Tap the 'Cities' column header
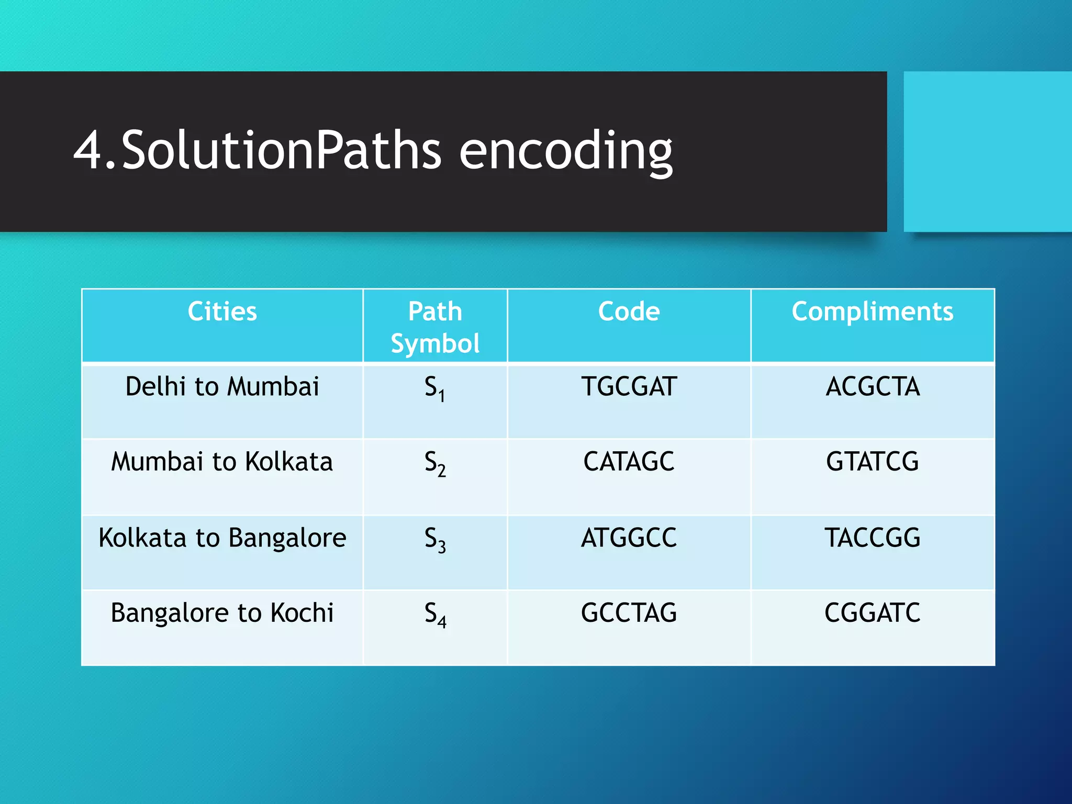[222, 311]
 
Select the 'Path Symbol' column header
[435, 327]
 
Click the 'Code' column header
[629, 311]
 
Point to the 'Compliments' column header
[872, 311]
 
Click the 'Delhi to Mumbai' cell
[222, 387]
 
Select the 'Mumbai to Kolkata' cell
[222, 462]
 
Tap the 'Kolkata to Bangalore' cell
[222, 538]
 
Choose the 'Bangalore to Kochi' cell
[222, 613]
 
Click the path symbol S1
[434, 388]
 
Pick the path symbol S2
[434, 463]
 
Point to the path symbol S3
[434, 539]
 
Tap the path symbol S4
[434, 615]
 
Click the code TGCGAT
[629, 387]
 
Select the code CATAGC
[629, 462]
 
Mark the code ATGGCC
[629, 538]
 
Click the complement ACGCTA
[872, 387]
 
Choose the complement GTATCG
[872, 462]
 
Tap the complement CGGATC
[872, 613]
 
